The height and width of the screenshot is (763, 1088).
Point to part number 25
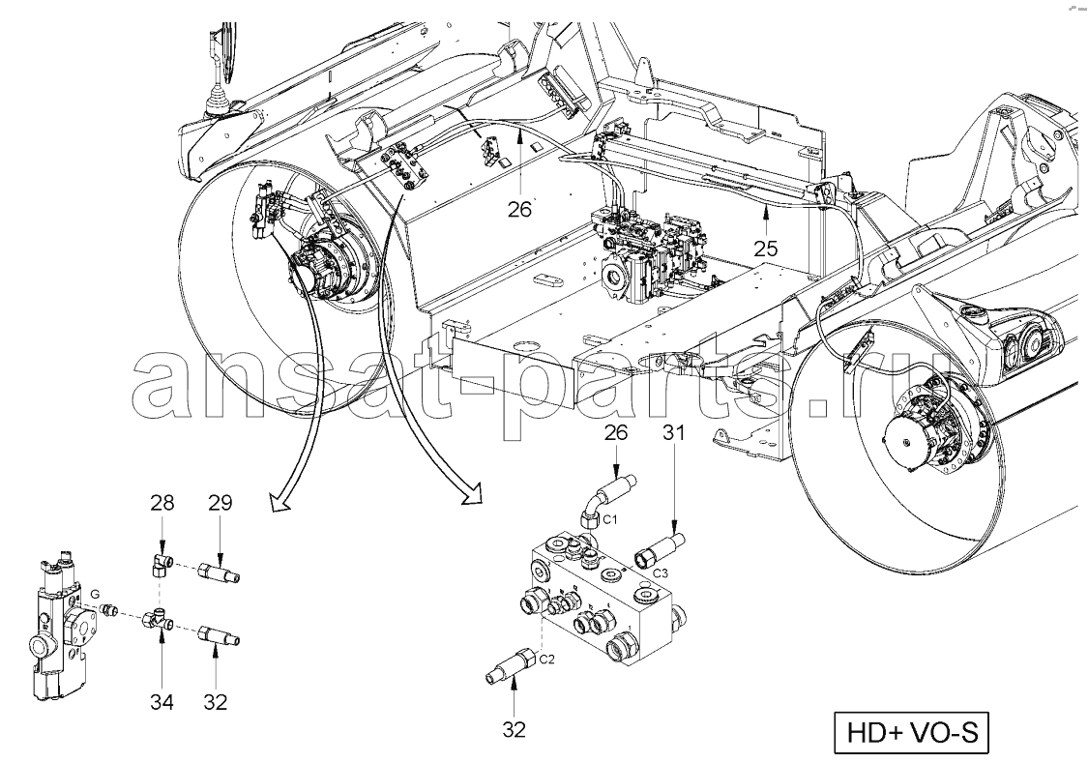pyautogui.click(x=765, y=248)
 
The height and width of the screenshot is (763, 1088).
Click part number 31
pyautogui.click(x=674, y=432)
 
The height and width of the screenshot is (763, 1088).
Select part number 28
pyautogui.click(x=162, y=503)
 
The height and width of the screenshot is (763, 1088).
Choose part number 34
pyautogui.click(x=162, y=702)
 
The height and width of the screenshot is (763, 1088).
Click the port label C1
pyautogui.click(x=610, y=519)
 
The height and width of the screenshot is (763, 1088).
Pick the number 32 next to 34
pyautogui.click(x=215, y=702)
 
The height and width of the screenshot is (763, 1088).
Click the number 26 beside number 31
pyautogui.click(x=617, y=432)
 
